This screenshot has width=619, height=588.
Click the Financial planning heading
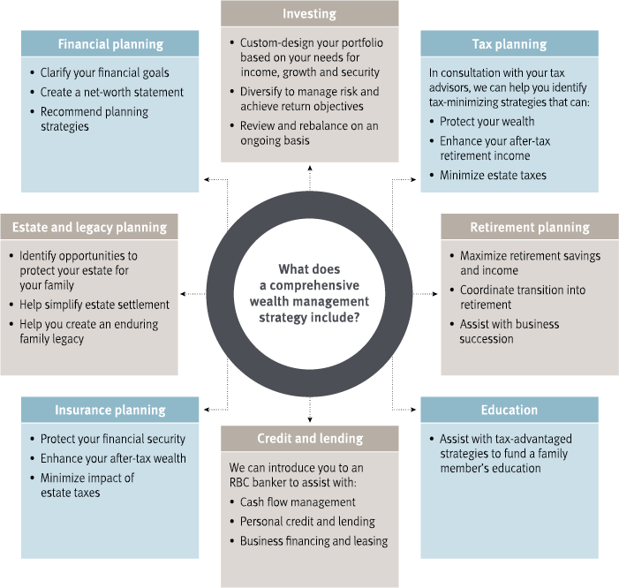pyautogui.click(x=110, y=43)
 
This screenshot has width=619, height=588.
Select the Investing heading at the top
pyautogui.click(x=309, y=13)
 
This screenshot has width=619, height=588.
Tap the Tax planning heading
pyautogui.click(x=510, y=44)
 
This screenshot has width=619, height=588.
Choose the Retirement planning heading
pyautogui.click(x=529, y=227)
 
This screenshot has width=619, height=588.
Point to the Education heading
pyautogui.click(x=510, y=410)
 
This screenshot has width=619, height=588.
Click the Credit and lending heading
pyautogui.click(x=309, y=439)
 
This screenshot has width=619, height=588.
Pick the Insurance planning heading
pyautogui.click(x=110, y=410)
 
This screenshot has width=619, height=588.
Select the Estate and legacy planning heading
pyautogui.click(x=89, y=227)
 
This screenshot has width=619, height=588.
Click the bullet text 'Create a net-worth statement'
pyautogui.click(x=112, y=92)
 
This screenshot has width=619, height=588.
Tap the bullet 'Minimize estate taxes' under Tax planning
pyautogui.click(x=493, y=175)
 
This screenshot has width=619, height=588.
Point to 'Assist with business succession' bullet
pyautogui.click(x=510, y=331)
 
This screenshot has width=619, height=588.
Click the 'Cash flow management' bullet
pyautogui.click(x=298, y=502)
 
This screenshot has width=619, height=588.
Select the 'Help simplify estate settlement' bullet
pyautogui.click(x=94, y=305)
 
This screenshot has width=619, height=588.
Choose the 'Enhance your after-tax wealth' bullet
pyautogui.click(x=113, y=458)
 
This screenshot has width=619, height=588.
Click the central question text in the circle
pyautogui.click(x=309, y=293)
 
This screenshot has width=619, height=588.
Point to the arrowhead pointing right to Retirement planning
pyautogui.click(x=436, y=293)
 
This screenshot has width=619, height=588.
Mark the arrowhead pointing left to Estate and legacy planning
pyautogui.click(x=183, y=293)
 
